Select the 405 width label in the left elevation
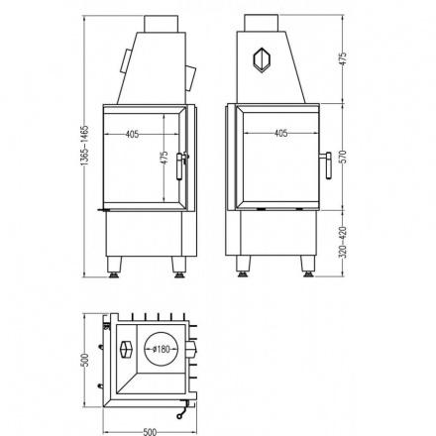tap(133, 135)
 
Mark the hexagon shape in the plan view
tap(125, 350)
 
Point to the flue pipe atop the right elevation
tap(263, 23)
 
